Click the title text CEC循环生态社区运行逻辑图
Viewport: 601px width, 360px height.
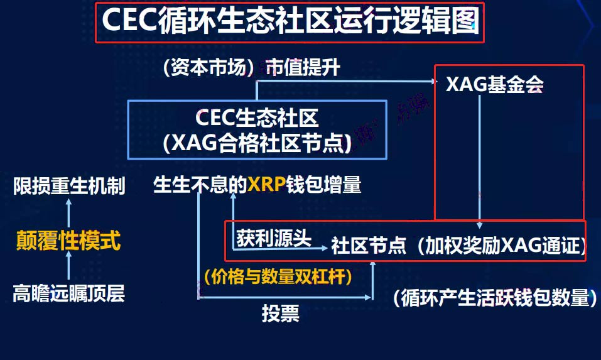coord(291,21)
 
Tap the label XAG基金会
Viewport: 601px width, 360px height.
coord(495,84)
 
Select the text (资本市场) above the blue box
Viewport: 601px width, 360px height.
coord(208,67)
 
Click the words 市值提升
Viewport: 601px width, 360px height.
coord(303,67)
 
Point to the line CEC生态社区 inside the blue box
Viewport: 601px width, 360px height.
coord(257,117)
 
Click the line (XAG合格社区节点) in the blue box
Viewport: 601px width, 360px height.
coord(257,143)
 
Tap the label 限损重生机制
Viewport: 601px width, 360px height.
coord(69,186)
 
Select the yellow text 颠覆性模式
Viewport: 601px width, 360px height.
coord(68,241)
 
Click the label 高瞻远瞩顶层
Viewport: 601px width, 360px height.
coord(69,293)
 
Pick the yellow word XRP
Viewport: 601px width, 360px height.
coord(267,185)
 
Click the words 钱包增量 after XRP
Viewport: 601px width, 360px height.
coord(324,185)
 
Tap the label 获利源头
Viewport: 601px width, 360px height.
coord(274,238)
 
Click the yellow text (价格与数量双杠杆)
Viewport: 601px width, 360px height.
coord(278,276)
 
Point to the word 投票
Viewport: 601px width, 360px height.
coord(281,314)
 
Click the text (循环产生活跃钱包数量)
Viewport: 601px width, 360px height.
coord(495,298)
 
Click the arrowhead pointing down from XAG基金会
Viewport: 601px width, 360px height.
coord(480,225)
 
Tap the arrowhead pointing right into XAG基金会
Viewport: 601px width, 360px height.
coord(434,81)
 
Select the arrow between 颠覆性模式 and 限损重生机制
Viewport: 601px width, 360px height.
coord(68,214)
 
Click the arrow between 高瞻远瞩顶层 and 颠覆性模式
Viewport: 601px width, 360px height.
coord(68,265)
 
